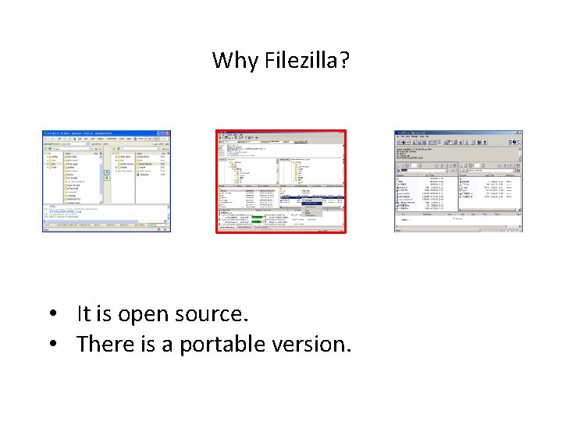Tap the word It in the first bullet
[x=84, y=315]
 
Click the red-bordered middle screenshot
[x=280, y=181]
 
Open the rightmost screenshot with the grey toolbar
[x=458, y=181]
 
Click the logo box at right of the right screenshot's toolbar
[x=515, y=143]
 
